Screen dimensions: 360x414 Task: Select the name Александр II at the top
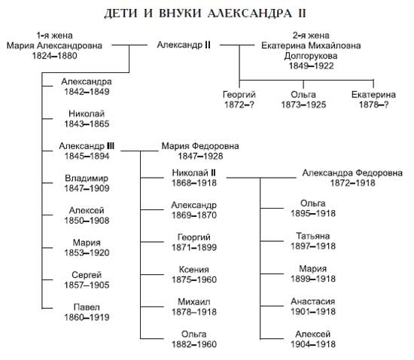[x=183, y=46]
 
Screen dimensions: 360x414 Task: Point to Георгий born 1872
[x=239, y=94]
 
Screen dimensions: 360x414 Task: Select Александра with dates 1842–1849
[x=87, y=81]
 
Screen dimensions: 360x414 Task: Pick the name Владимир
[x=87, y=178]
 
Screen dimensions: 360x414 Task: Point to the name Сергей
[x=87, y=276]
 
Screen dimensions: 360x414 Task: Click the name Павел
[x=87, y=307]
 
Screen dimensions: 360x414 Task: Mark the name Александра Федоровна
[x=352, y=172]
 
